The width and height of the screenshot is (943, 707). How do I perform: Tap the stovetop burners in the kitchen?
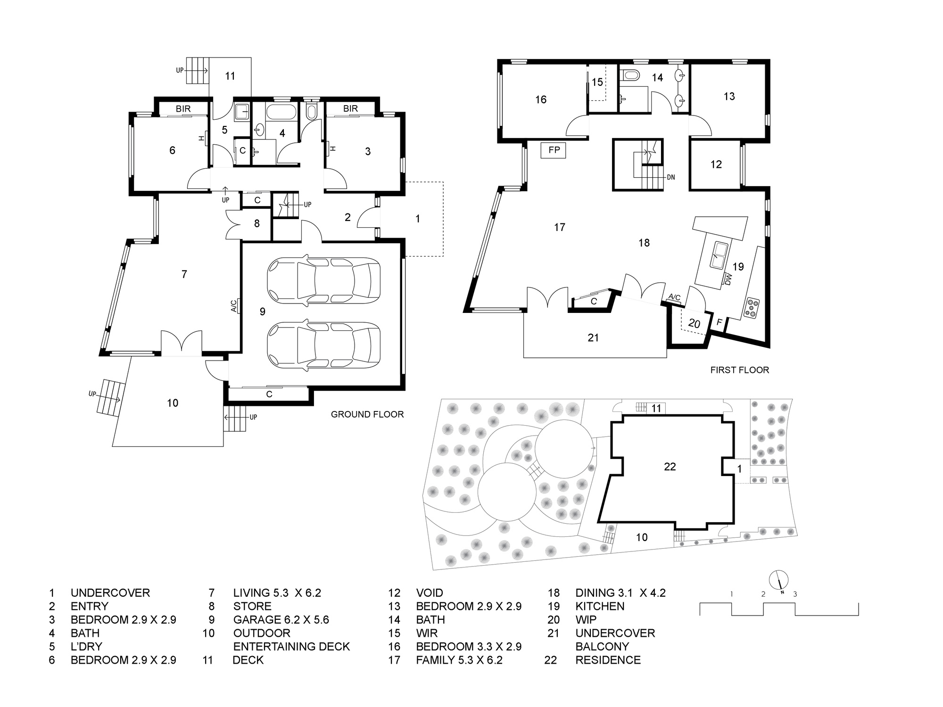pos(751,307)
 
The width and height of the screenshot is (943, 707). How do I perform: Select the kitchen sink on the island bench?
pos(719,255)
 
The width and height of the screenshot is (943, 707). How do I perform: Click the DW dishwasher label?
pos(728,280)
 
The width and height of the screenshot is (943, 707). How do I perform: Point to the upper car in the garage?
pos(323,280)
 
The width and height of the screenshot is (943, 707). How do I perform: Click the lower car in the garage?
pos(323,345)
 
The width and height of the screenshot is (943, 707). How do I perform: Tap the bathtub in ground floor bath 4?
pos(281,113)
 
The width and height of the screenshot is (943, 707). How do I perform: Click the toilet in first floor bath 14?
pos(630,75)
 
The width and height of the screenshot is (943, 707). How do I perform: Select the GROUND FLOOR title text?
pos(367,414)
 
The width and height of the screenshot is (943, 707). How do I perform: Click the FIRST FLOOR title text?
pos(740,370)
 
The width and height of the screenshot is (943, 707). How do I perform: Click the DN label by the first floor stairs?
pos(671,177)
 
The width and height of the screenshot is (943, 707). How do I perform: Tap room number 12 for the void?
pos(716,164)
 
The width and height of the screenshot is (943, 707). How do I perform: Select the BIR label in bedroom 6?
pos(183,108)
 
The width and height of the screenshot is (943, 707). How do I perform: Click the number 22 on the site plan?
pos(670,467)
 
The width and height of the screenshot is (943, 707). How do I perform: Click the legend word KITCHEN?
pos(600,606)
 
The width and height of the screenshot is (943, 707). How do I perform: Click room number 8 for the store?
pos(257,223)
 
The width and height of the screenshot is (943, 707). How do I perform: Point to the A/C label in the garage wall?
pos(233,306)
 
